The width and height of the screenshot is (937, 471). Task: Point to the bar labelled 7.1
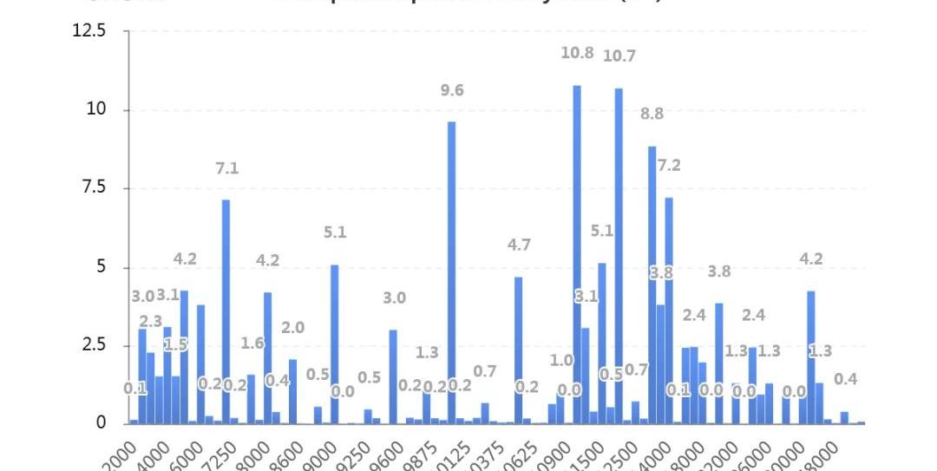coord(226,311)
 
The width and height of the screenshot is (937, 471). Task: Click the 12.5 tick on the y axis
coord(89,31)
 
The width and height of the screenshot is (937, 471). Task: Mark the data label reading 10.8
coord(577,53)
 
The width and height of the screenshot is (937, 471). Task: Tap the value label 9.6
coord(451,90)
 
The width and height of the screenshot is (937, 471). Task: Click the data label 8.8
coord(652,114)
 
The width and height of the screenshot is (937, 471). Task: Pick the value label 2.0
coord(292,328)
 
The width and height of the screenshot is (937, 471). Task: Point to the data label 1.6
coord(252,343)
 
